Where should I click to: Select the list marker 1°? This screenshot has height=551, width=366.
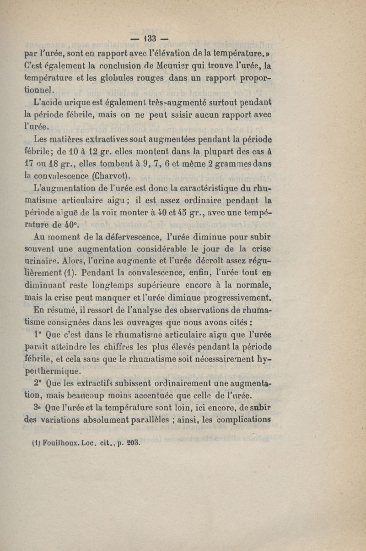click(x=38, y=334)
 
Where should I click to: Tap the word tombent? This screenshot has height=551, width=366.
click(x=109, y=163)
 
